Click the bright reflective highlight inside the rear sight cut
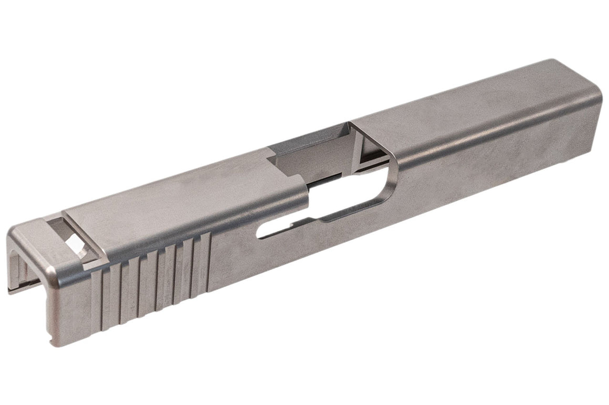coord(77,246)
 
